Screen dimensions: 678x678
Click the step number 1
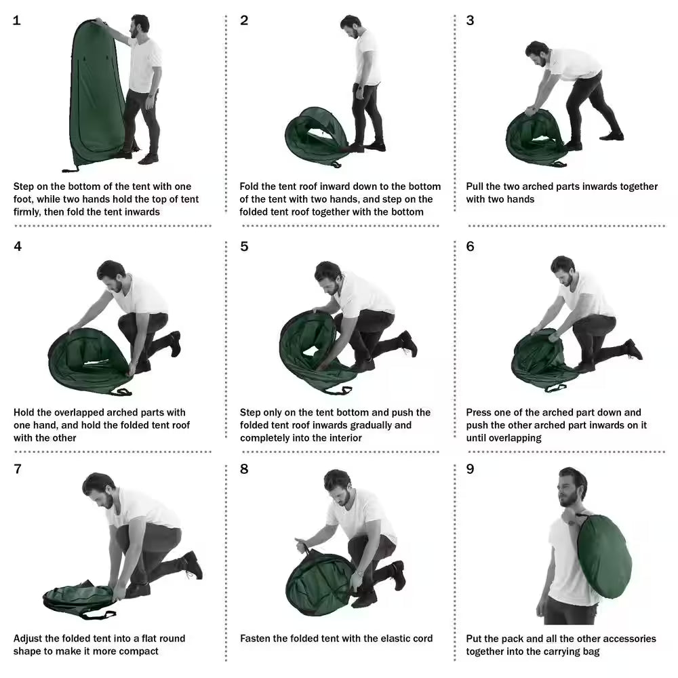[17, 20]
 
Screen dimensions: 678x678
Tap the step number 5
[244, 246]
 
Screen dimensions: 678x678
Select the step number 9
[470, 469]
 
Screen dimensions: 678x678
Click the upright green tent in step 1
[95, 95]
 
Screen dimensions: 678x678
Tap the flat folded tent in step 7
[78, 597]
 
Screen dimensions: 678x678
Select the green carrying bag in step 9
[603, 556]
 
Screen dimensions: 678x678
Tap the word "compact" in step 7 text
[138, 651]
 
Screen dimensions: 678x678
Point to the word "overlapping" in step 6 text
[513, 438]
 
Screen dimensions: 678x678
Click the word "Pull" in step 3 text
[475, 186]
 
